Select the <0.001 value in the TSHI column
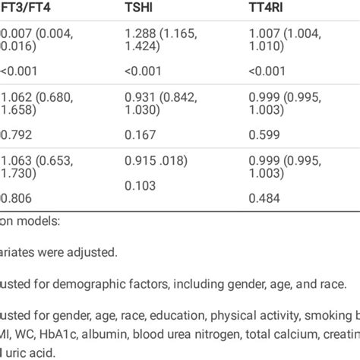coord(144,73)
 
